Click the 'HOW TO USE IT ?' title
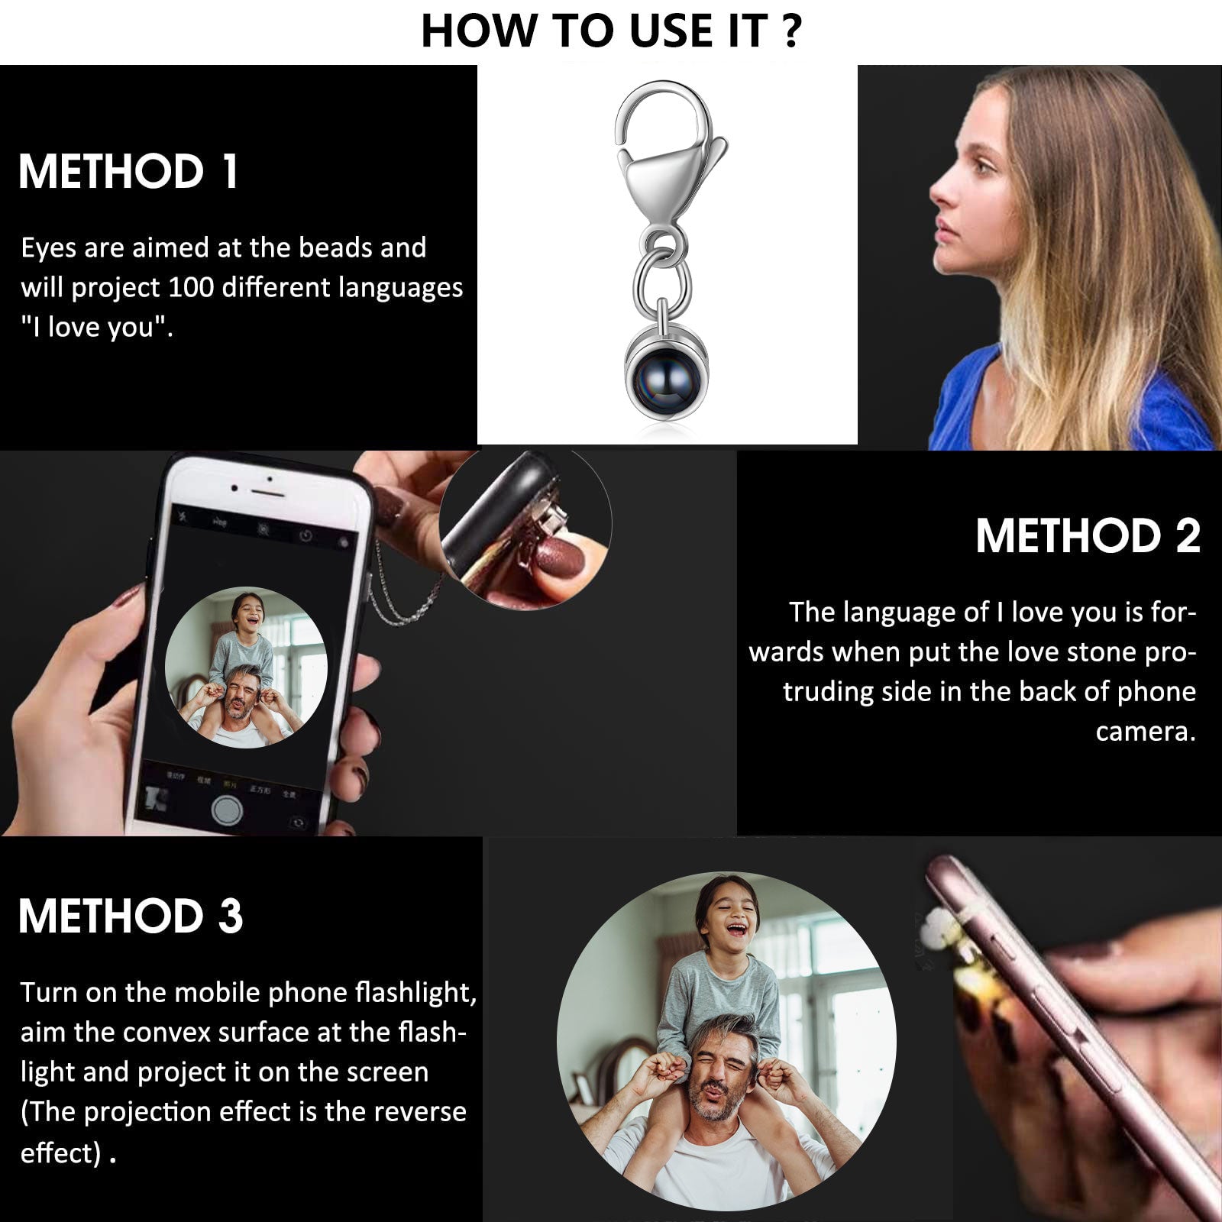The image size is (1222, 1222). [611, 31]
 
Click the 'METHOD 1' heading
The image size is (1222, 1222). [128, 171]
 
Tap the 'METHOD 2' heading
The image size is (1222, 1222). [1088, 535]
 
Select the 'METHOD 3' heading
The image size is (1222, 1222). [131, 916]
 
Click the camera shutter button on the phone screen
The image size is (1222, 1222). [227, 810]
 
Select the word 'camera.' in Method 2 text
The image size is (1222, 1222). [1146, 732]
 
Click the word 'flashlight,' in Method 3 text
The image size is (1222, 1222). [415, 992]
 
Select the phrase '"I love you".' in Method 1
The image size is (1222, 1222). [97, 327]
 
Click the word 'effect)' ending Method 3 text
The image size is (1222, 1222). [60, 1152]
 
